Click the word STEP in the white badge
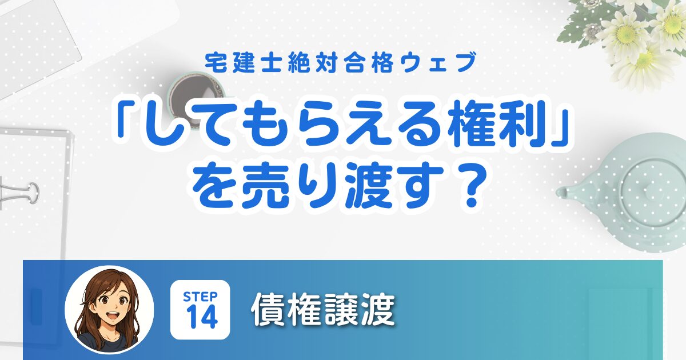[200, 297]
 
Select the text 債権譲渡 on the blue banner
[323, 310]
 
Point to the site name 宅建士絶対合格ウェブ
[341, 63]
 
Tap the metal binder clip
[19, 193]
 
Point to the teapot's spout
[567, 192]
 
